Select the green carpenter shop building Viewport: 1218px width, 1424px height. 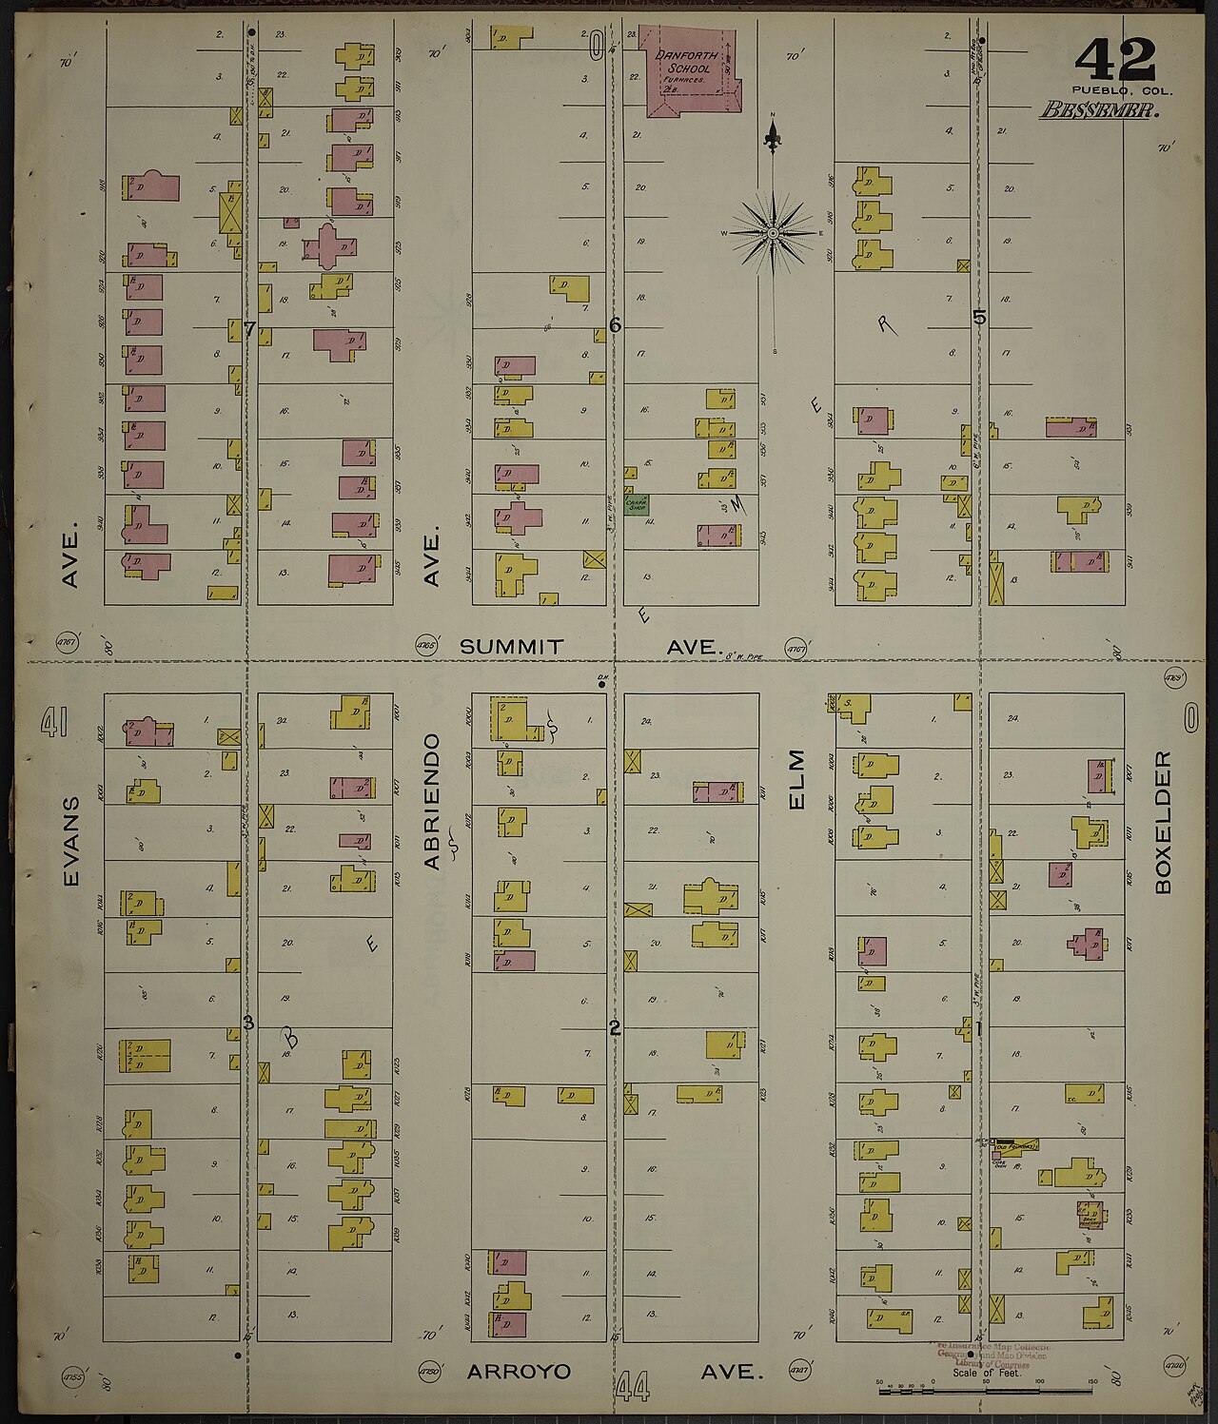(x=636, y=503)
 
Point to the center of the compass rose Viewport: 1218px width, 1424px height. (x=774, y=232)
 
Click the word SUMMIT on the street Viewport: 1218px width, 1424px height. (x=511, y=647)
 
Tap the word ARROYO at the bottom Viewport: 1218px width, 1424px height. (x=520, y=1372)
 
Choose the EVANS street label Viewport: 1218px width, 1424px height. (x=72, y=842)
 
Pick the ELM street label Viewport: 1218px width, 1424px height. (x=796, y=780)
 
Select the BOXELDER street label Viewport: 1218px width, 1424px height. (x=1163, y=823)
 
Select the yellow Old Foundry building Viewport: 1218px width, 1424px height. (x=1016, y=1146)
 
